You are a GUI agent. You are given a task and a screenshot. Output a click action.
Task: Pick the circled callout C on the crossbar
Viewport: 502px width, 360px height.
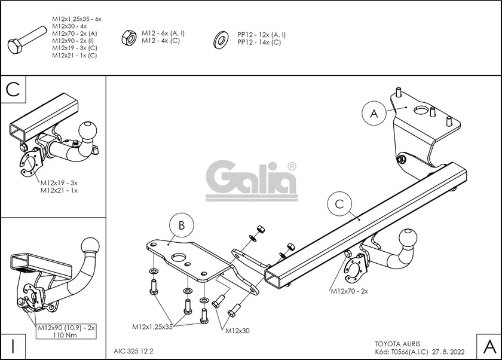click(x=339, y=205)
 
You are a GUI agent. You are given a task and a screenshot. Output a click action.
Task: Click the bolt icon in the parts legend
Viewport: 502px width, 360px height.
click(x=26, y=40)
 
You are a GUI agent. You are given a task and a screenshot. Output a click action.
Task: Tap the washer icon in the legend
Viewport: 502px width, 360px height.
click(x=220, y=40)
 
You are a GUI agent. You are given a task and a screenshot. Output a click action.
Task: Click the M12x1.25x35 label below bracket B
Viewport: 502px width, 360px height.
click(x=152, y=327)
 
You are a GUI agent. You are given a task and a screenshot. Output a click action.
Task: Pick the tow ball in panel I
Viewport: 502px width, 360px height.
click(x=90, y=244)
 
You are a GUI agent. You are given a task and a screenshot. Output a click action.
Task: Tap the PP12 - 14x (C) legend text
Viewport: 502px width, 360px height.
click(x=259, y=42)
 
